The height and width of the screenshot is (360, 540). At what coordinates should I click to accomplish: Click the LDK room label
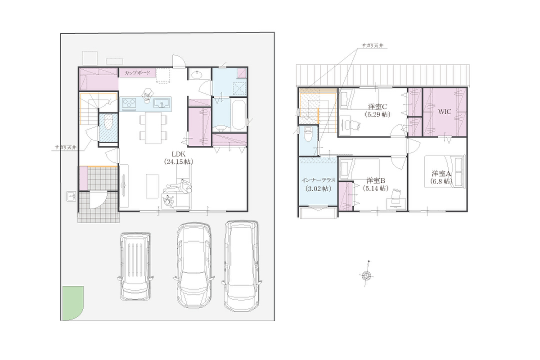click(x=178, y=154)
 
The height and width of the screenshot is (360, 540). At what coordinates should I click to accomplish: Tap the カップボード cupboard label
click(x=137, y=72)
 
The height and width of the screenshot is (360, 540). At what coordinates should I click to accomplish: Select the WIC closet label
click(x=445, y=112)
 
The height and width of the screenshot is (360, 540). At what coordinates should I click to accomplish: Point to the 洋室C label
click(x=378, y=106)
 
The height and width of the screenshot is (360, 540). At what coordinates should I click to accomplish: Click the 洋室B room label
click(x=376, y=180)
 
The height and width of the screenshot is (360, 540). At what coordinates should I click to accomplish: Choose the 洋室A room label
click(x=441, y=174)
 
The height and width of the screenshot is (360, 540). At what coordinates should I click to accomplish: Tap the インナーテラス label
click(x=318, y=180)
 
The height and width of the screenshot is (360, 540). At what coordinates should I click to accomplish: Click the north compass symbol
click(x=366, y=275)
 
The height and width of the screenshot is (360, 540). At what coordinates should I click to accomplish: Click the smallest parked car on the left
click(x=135, y=266)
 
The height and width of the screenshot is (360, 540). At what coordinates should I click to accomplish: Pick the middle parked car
click(x=194, y=265)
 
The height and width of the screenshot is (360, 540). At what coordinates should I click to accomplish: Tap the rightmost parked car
click(x=242, y=265)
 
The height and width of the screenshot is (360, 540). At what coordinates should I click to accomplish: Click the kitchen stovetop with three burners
click(x=129, y=103)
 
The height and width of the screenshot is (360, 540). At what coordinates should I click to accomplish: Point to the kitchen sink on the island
click(x=162, y=103)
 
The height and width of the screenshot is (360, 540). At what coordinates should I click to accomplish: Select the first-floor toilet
click(x=108, y=122)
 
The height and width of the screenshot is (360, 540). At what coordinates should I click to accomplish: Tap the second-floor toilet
click(x=308, y=134)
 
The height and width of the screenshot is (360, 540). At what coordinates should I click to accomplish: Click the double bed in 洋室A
click(x=445, y=171)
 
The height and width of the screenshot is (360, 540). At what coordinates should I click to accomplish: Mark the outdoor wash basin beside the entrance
click(x=71, y=196)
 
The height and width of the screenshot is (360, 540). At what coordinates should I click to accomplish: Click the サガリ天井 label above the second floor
click(x=373, y=45)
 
